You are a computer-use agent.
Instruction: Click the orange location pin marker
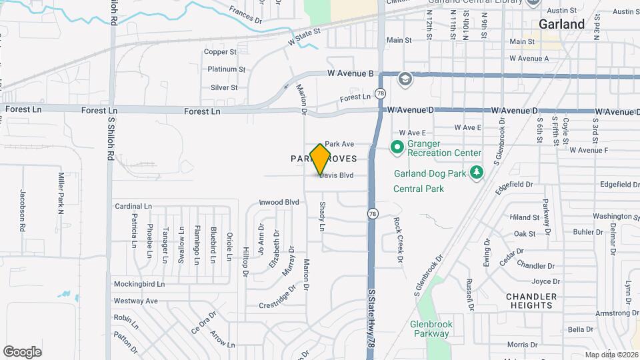pos(321,159)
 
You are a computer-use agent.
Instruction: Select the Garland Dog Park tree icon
pos(476,173)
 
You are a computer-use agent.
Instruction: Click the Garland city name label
pos(562,24)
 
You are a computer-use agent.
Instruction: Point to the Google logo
pos(23,351)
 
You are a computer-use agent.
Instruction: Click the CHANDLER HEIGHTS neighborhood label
pos(531,301)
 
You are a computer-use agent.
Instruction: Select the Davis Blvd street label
pos(336,176)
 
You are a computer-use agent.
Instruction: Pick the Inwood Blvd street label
pos(279,202)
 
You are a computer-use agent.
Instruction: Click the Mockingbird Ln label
pos(139,284)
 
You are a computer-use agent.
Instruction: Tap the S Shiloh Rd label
pos(113,13)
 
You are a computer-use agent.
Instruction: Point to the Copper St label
pos(221,51)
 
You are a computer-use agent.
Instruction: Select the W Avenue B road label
pos(350,73)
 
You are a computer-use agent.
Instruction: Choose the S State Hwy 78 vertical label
pos(372,319)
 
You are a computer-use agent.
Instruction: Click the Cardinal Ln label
pos(134,206)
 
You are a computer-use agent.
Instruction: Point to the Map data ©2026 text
pos(611,354)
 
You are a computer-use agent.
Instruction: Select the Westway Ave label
pos(136,301)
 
